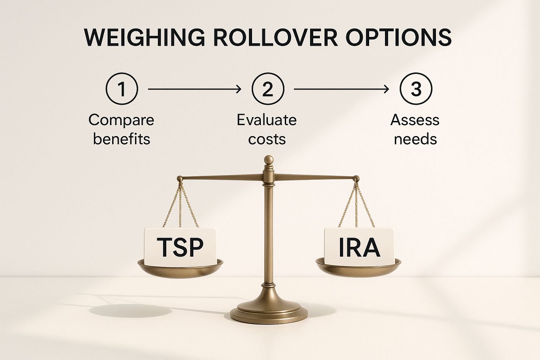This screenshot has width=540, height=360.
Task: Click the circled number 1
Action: (122, 89)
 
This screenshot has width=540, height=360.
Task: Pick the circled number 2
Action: (268, 89)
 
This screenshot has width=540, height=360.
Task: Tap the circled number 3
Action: (416, 89)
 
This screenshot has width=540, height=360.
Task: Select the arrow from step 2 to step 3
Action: (341, 90)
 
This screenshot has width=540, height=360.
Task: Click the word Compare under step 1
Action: (121, 120)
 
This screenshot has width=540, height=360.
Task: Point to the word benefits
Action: (121, 139)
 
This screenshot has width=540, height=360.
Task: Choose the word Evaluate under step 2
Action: (266, 120)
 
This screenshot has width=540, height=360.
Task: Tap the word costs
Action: (267, 139)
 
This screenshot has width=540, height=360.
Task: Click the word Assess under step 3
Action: (415, 120)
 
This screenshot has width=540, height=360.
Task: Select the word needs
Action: (415, 139)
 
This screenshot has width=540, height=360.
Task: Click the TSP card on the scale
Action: (180, 246)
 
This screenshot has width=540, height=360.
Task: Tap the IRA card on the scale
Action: (359, 246)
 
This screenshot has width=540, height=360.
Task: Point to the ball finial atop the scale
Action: (269, 159)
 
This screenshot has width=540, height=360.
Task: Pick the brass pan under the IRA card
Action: (358, 268)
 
